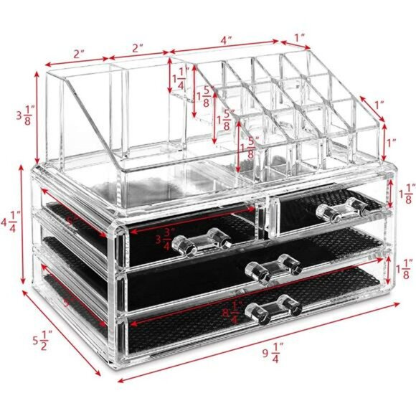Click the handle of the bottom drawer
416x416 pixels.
272,307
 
